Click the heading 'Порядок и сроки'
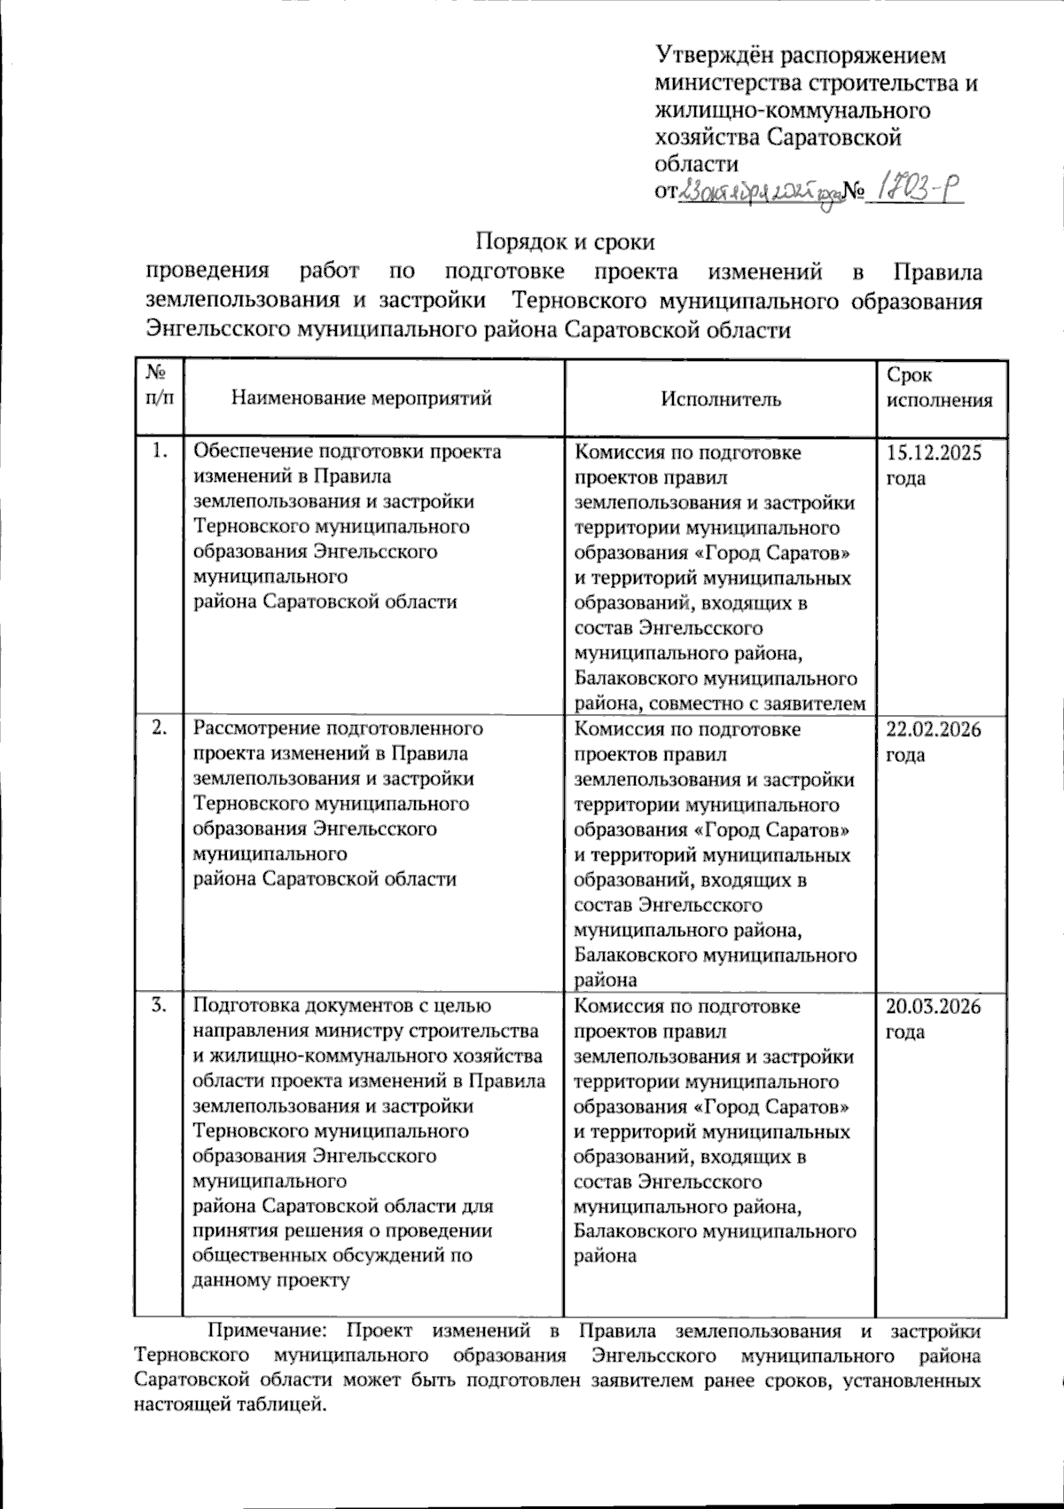tap(566, 241)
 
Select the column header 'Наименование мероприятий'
tap(361, 398)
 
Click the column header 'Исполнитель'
tap(721, 399)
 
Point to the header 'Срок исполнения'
tap(939, 388)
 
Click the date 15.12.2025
tap(934, 453)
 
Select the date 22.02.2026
tap(934, 730)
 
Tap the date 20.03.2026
tap(934, 1007)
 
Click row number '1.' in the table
tap(160, 452)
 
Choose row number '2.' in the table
tap(160, 729)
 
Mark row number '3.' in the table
tap(160, 1006)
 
